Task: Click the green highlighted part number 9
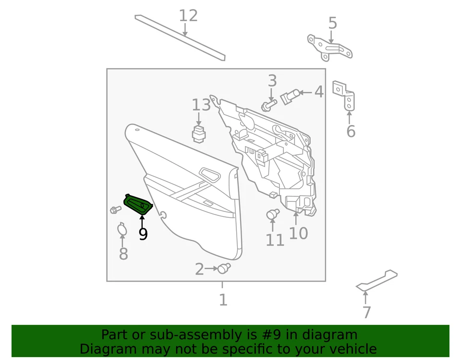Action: click(138, 204)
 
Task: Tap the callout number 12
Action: click(188, 16)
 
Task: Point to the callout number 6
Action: click(351, 131)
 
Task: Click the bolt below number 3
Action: click(269, 104)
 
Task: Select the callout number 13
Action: click(201, 105)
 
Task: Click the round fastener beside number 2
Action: click(223, 268)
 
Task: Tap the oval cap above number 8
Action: click(122, 230)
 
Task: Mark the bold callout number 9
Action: click(143, 234)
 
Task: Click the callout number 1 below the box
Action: click(223, 300)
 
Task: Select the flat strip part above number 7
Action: click(377, 281)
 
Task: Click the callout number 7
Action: click(367, 312)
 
